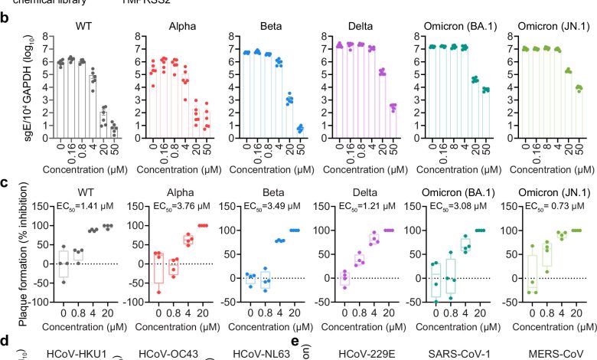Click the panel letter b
(6, 17)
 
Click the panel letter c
(6, 185)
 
